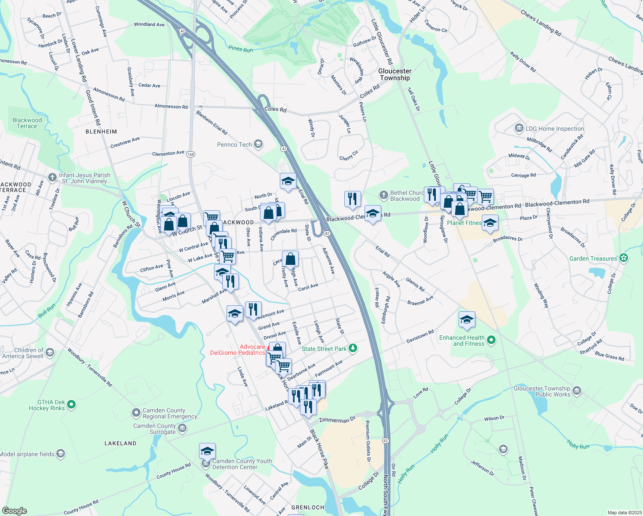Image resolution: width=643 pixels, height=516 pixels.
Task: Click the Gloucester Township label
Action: (395, 74)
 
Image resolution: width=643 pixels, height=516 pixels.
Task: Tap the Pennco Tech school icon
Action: (258, 144)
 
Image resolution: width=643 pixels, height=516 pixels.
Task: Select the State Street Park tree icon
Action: (353, 348)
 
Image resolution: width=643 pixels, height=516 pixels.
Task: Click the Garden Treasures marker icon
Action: (624, 258)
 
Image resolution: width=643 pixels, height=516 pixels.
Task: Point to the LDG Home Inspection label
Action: (554, 129)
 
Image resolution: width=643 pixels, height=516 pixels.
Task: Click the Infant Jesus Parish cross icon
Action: (52, 177)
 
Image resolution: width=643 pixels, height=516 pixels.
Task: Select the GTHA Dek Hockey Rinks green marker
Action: (72, 404)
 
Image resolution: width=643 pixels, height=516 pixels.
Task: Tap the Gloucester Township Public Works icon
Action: (577, 391)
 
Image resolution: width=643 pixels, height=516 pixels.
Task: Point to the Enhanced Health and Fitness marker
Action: (491, 340)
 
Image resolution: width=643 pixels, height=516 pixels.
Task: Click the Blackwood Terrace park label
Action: (27, 123)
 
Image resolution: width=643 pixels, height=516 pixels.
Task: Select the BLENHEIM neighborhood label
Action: (101, 132)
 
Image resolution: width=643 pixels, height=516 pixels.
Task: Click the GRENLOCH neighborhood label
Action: (308, 507)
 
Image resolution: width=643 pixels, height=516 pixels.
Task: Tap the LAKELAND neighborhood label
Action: (120, 443)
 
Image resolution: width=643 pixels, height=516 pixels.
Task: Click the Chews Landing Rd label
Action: (541, 23)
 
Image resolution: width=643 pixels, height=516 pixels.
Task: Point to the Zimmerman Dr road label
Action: (337, 420)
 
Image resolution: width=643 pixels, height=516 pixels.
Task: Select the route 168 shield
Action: (191, 154)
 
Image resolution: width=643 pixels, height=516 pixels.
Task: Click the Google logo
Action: (15, 511)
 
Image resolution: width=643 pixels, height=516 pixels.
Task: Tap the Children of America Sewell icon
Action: (50, 353)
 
